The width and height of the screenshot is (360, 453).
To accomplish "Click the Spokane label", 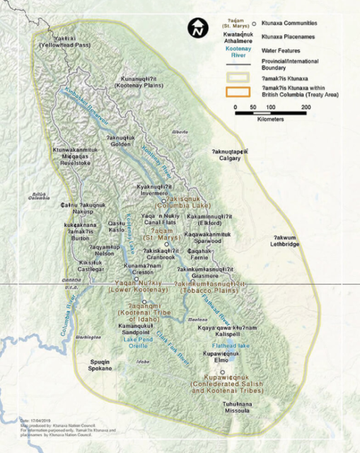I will coord(101,369).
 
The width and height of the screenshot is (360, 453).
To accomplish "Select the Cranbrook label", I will coord(161,257).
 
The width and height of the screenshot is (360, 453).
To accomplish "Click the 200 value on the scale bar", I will coord(305,107).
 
